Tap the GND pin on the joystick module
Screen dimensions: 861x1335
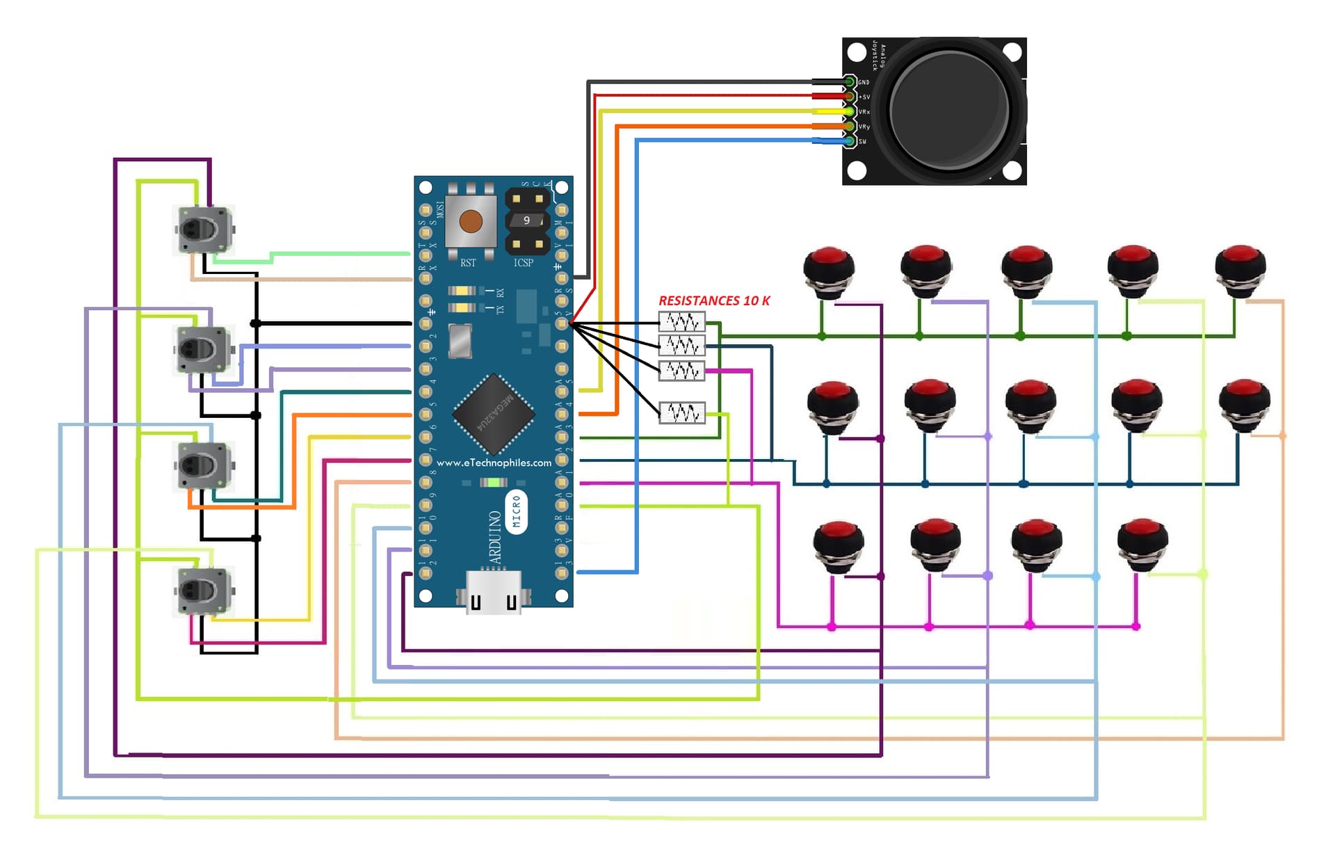click(850, 82)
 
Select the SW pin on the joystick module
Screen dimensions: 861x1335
click(850, 141)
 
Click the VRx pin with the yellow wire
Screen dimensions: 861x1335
click(850, 111)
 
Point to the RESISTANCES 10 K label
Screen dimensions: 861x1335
click(714, 300)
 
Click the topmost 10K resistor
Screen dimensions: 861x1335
click(682, 321)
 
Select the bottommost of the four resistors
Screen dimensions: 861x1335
click(682, 413)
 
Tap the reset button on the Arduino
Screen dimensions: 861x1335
click(471, 221)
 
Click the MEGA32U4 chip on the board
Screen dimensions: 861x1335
click(494, 413)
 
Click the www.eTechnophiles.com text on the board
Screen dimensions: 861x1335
click(494, 462)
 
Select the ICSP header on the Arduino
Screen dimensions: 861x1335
click(527, 220)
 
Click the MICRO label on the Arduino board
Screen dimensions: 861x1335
click(516, 513)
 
